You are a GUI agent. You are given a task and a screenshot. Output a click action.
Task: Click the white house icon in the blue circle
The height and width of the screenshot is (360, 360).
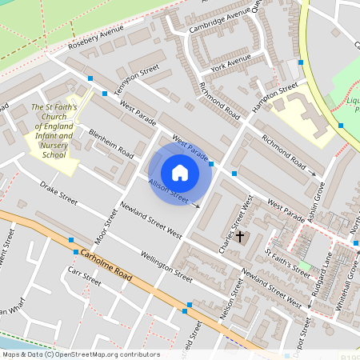[180, 173]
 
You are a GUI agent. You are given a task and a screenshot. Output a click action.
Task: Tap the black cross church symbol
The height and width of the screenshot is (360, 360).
[240, 237]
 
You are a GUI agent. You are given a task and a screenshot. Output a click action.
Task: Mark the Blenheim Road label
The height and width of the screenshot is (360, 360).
[111, 142]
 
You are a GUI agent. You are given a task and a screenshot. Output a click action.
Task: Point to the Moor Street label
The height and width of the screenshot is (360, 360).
[101, 233]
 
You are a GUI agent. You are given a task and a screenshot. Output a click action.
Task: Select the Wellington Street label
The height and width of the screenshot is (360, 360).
[167, 268]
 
